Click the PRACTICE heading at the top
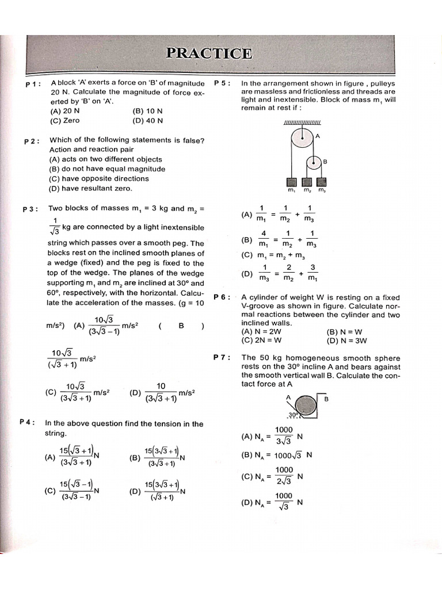click(209, 53)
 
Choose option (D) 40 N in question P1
click(147, 121)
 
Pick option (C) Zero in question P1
click(64, 121)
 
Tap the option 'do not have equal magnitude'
click(107, 169)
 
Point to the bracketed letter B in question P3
click(181, 326)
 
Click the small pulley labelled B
click(314, 163)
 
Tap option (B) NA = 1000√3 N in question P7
click(276, 455)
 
